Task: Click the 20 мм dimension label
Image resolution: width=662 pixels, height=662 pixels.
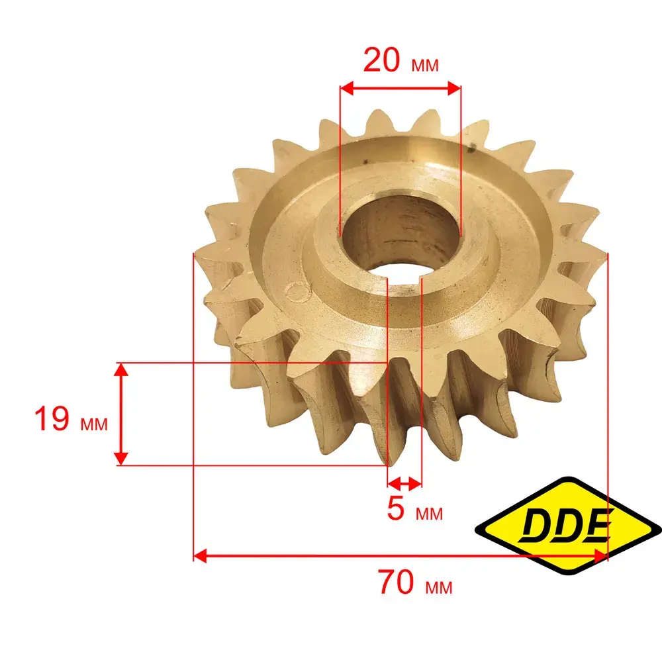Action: pyautogui.click(x=401, y=61)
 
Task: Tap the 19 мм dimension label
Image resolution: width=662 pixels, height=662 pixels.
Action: pyautogui.click(x=71, y=419)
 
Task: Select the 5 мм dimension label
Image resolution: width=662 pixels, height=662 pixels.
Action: pyautogui.click(x=414, y=508)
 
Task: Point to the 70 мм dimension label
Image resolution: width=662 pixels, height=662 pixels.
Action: pyautogui.click(x=415, y=582)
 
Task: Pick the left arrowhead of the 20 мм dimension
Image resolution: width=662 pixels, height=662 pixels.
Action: pyautogui.click(x=347, y=88)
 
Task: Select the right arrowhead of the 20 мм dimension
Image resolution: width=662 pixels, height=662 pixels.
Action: pyautogui.click(x=454, y=88)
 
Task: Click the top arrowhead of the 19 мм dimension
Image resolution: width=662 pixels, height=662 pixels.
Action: pyautogui.click(x=121, y=370)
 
